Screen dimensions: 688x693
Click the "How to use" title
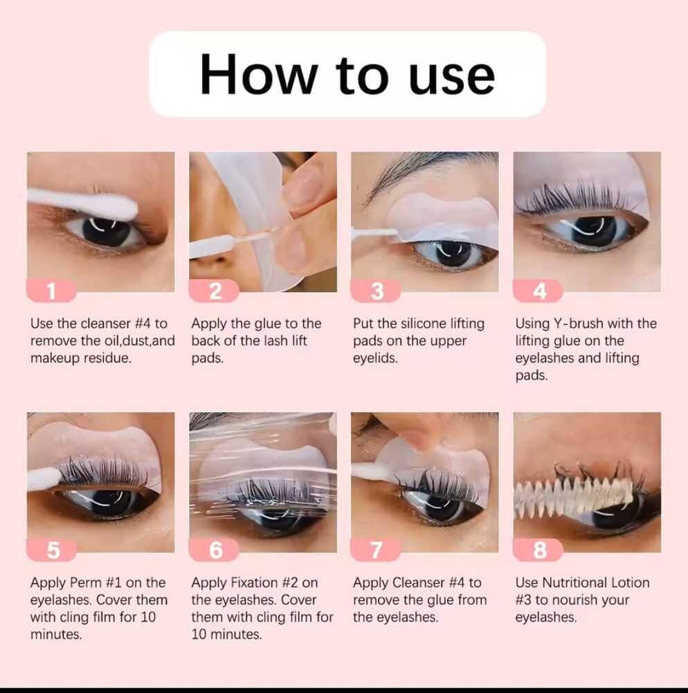point(347,74)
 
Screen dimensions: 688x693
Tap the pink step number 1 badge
point(51,291)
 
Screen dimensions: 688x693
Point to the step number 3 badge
point(376,291)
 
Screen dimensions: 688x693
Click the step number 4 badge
point(538,291)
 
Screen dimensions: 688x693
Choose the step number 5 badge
point(51,550)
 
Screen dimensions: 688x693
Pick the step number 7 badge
point(376,550)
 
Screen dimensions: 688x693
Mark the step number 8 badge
point(538,550)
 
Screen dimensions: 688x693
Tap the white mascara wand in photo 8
point(574,494)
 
